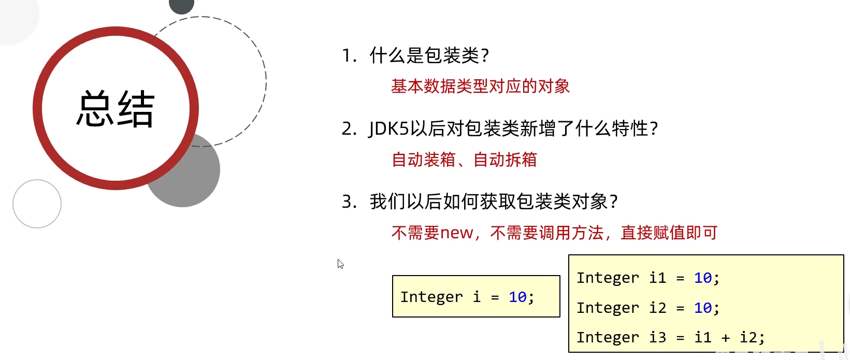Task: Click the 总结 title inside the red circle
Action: tap(116, 109)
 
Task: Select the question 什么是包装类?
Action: tap(429, 55)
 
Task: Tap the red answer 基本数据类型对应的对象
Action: tap(480, 86)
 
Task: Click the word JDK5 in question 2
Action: tap(389, 128)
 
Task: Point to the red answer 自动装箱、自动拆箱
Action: tap(464, 160)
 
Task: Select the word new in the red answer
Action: tap(456, 233)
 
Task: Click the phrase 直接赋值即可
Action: tap(669, 233)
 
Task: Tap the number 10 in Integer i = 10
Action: tap(517, 297)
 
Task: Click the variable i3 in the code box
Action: tap(657, 337)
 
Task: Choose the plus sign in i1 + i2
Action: tap(726, 338)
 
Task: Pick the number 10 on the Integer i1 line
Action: tap(703, 278)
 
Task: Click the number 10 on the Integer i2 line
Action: tap(703, 308)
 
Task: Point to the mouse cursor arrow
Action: tap(340, 264)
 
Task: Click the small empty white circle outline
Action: tap(37, 204)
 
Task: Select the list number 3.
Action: tap(348, 201)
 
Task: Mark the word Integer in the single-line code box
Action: tap(431, 297)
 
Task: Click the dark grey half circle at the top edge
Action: tap(181, 6)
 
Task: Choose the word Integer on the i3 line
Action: tap(608, 338)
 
